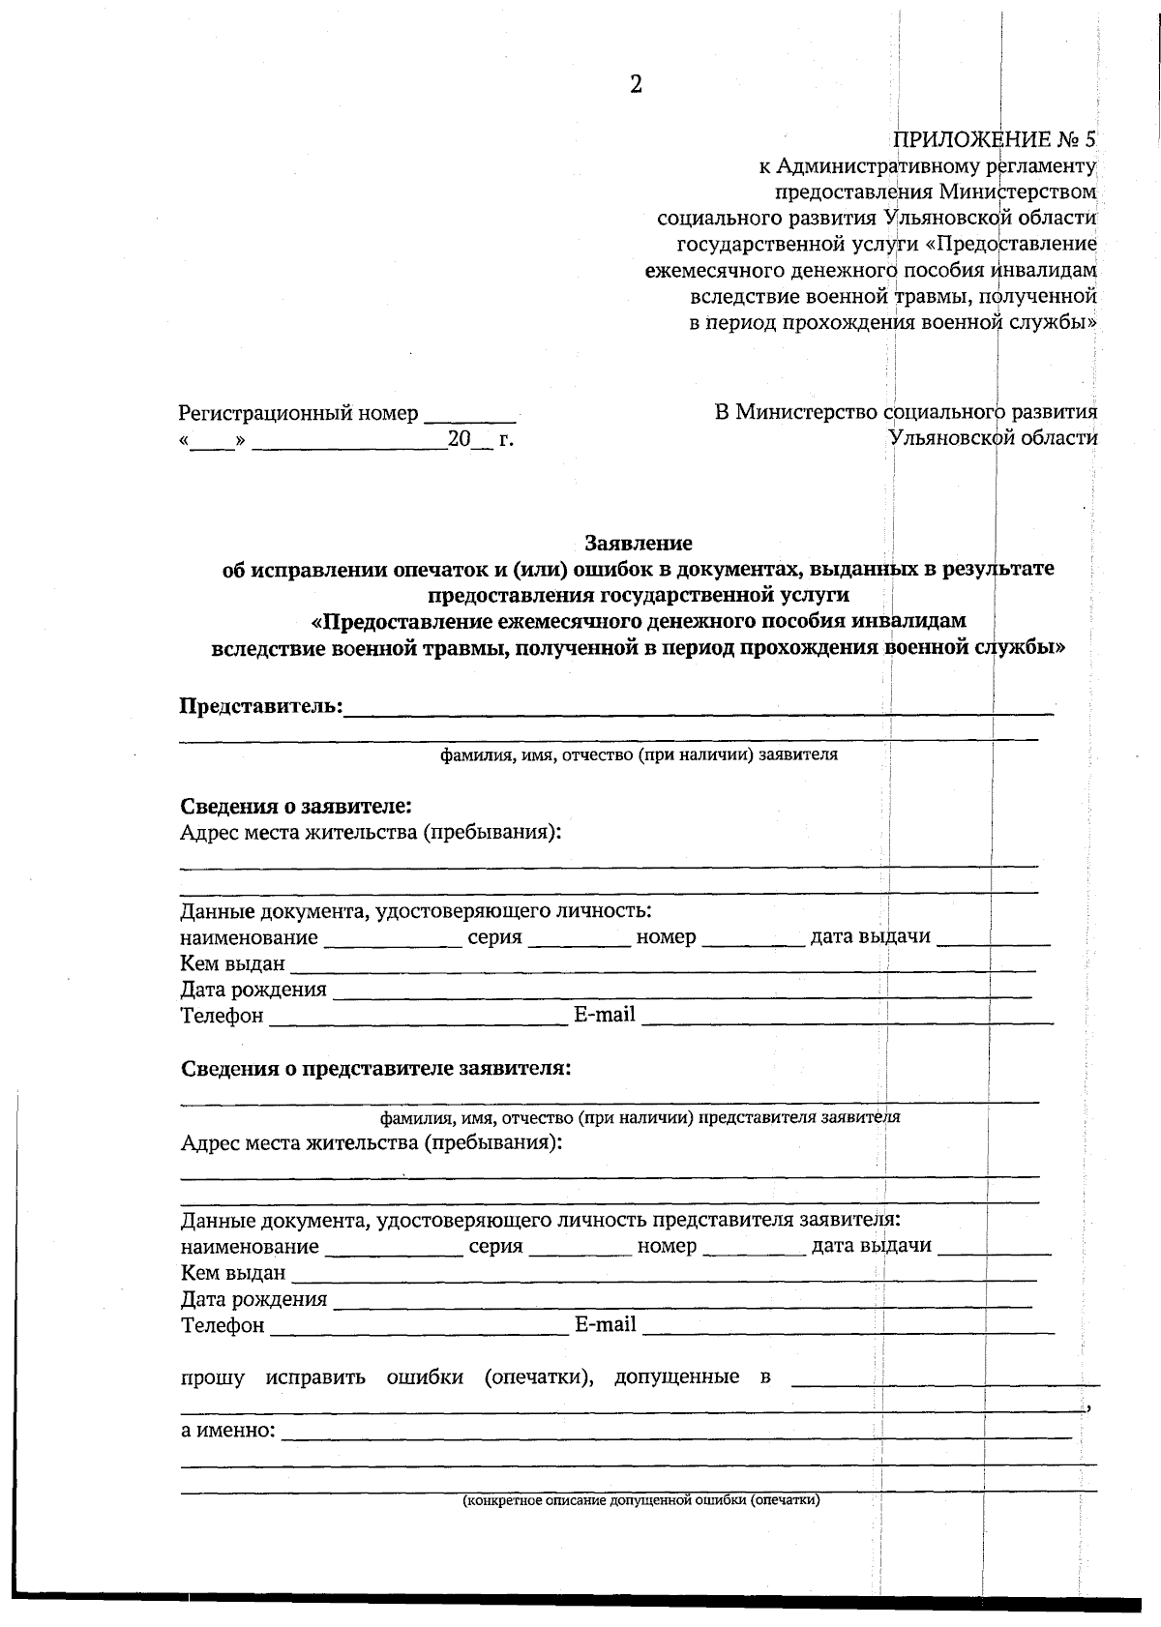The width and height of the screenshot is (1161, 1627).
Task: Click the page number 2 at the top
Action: pyautogui.click(x=636, y=85)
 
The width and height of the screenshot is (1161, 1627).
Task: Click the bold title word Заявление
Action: pyautogui.click(x=639, y=544)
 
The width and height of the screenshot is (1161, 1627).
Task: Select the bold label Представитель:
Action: pyautogui.click(x=261, y=706)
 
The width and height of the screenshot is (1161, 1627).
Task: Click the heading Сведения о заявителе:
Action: pyautogui.click(x=296, y=806)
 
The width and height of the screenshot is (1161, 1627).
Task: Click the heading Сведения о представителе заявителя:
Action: pyautogui.click(x=375, y=1069)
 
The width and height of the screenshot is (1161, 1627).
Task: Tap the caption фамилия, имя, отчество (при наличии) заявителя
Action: pyautogui.click(x=639, y=754)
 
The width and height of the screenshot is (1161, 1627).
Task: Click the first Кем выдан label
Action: pyautogui.click(x=233, y=963)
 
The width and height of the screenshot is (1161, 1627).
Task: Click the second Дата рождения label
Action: pyautogui.click(x=253, y=1299)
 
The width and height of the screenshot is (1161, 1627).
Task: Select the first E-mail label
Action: pyautogui.click(x=605, y=1015)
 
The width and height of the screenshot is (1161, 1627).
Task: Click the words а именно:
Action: pyautogui.click(x=228, y=1430)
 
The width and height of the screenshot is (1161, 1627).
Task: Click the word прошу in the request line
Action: pyautogui.click(x=213, y=1376)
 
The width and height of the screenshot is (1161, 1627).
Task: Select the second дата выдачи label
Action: pyautogui.click(x=871, y=1246)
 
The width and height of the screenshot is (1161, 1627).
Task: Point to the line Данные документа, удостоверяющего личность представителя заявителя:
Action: pyautogui.click(x=541, y=1221)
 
